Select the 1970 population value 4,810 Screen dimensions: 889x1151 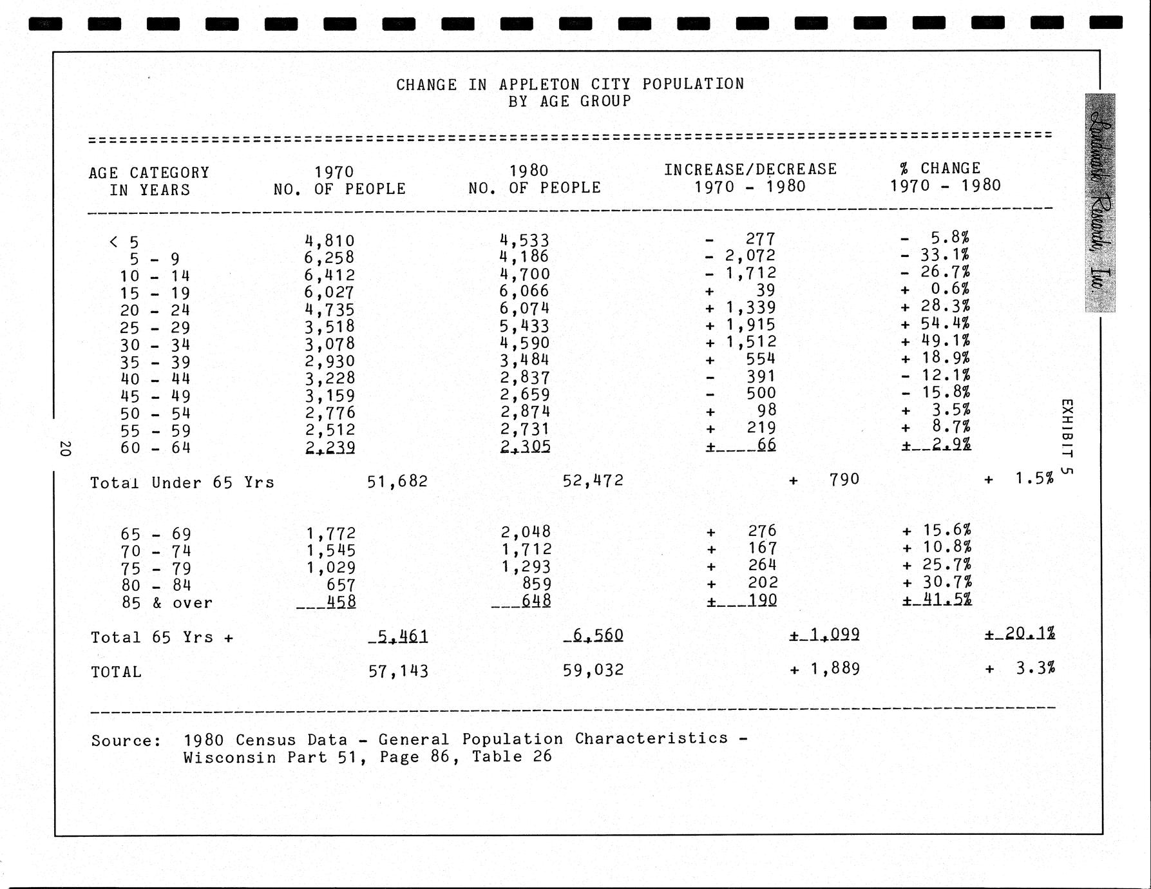click(329, 241)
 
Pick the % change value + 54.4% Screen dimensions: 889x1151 click(937, 323)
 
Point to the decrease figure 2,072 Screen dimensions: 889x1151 click(750, 256)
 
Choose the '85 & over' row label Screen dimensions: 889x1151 click(167, 603)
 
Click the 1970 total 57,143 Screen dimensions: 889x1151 click(397, 671)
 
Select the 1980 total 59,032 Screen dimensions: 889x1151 click(593, 670)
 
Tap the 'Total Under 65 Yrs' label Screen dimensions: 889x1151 click(182, 483)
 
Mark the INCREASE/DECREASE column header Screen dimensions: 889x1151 click(750, 169)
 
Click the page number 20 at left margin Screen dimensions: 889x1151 click(64, 448)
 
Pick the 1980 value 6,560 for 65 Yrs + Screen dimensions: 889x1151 click(594, 635)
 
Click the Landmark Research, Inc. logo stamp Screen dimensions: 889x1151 click(1099, 203)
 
